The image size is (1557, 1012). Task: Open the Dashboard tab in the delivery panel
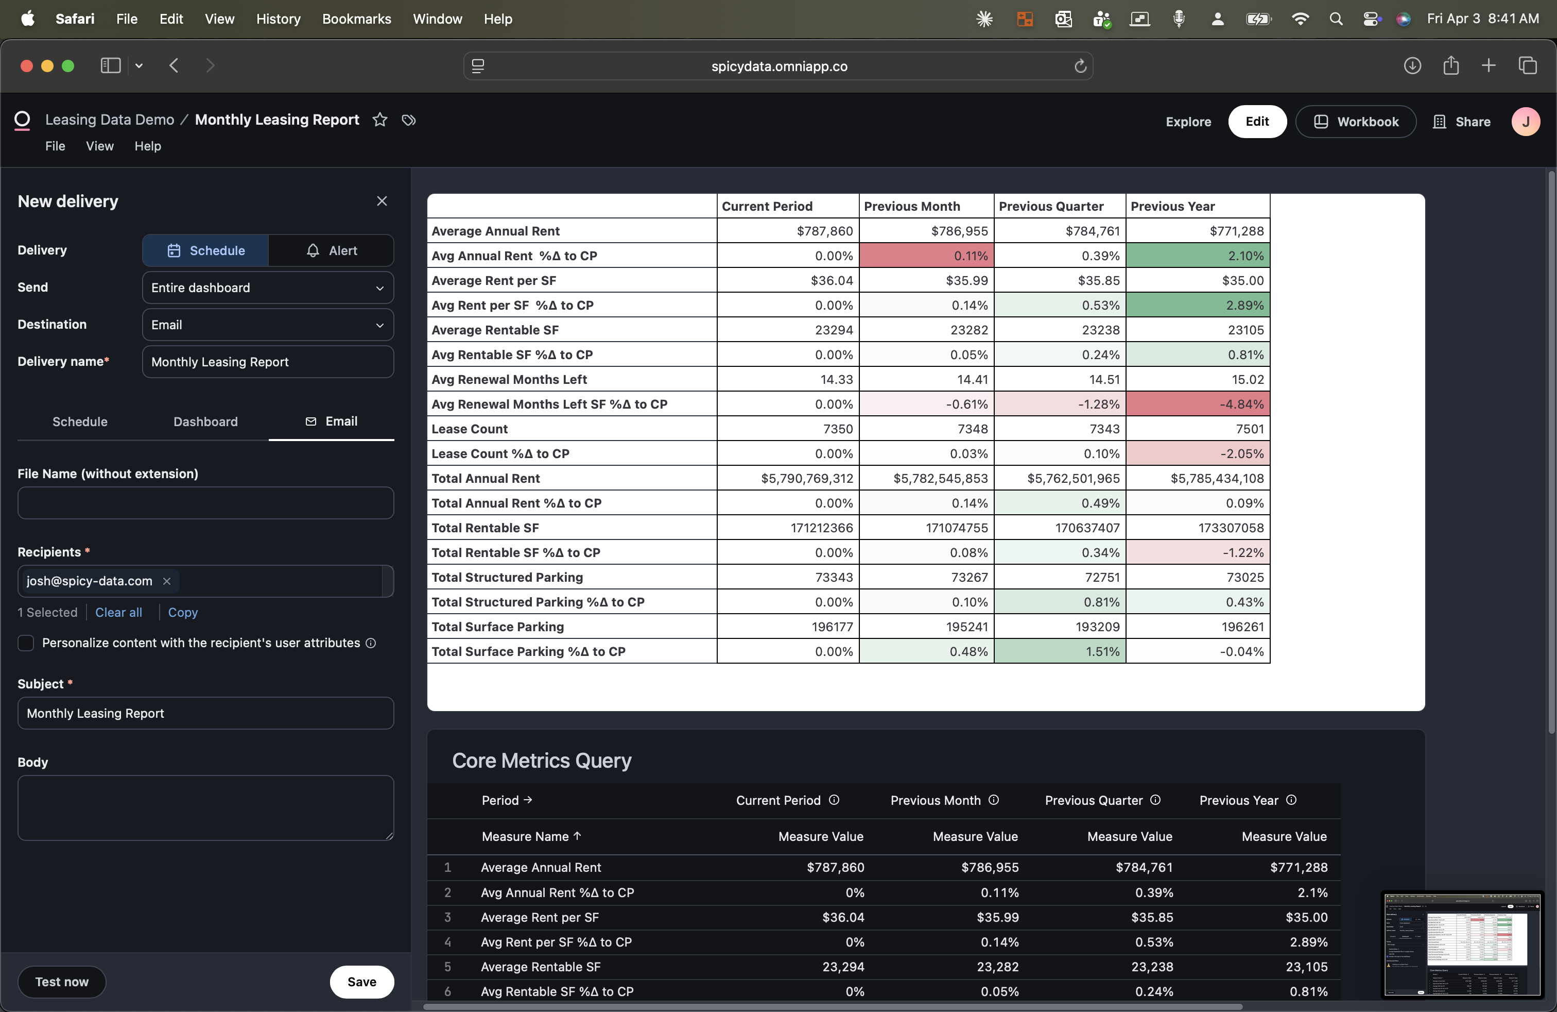205,421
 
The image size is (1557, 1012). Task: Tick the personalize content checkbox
26,643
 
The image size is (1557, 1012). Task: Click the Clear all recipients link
118,612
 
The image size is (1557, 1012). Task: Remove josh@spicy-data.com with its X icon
167,581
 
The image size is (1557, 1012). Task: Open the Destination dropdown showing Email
268,325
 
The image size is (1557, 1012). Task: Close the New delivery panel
382,201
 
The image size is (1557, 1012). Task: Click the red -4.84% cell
1197,404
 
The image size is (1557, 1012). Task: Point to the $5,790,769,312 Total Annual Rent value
807,479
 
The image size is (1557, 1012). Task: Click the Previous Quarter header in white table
1051,206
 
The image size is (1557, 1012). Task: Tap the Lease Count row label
470,429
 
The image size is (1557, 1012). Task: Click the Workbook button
1356,122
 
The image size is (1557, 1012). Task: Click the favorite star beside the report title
379,120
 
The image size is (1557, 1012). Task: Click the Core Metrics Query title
542,761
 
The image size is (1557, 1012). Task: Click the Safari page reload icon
1080,66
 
